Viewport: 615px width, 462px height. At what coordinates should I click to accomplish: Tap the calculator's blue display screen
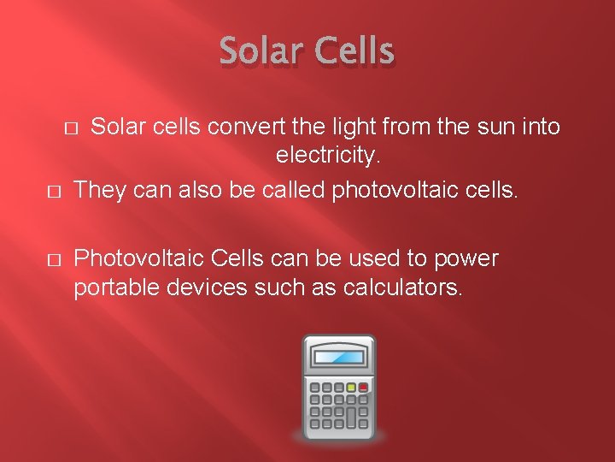[x=339, y=357]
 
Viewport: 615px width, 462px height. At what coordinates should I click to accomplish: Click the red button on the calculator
[x=363, y=388]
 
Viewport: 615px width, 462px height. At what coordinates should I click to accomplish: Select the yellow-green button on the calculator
[x=351, y=388]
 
